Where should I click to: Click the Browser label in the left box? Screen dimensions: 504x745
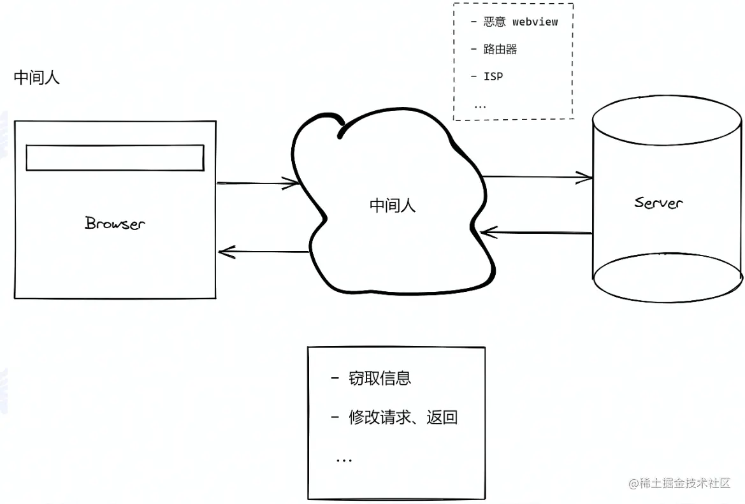click(x=115, y=223)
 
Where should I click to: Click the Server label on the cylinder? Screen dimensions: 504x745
click(x=658, y=203)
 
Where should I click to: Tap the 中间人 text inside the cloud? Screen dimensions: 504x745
click(x=393, y=205)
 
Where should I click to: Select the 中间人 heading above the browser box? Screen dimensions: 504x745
click(x=37, y=78)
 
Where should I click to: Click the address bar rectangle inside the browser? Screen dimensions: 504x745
click(x=115, y=157)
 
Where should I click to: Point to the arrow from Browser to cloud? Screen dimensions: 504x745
click(x=257, y=184)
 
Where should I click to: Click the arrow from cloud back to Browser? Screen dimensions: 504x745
click(x=263, y=252)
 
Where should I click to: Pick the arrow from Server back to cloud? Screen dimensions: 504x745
click(x=537, y=232)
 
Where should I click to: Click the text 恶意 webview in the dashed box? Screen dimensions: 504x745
click(x=520, y=22)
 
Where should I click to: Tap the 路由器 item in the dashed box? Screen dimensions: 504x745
click(x=500, y=49)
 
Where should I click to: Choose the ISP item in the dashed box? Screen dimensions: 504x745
click(x=493, y=76)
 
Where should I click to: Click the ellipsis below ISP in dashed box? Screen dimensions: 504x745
click(x=480, y=106)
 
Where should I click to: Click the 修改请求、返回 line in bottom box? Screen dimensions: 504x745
click(x=403, y=418)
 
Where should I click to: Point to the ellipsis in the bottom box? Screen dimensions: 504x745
click(x=344, y=459)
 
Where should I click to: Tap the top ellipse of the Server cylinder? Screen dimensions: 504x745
click(x=667, y=122)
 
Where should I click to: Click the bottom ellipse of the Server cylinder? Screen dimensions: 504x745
click(x=667, y=278)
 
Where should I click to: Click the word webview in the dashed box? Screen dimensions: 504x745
click(x=535, y=22)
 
